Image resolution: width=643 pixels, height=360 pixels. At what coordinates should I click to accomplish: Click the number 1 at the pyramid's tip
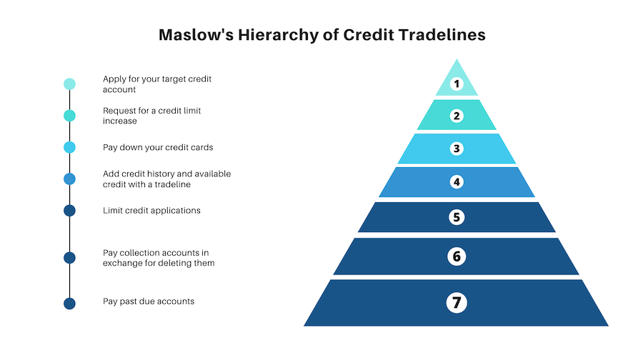coord(457,84)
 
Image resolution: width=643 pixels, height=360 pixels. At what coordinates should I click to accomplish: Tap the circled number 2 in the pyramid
coord(457,116)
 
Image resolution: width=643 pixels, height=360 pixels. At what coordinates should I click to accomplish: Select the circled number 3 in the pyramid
coord(457,149)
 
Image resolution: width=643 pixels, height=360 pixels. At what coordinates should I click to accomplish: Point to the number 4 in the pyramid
coord(457,181)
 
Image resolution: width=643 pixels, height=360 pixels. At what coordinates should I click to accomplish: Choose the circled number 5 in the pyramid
coord(457,217)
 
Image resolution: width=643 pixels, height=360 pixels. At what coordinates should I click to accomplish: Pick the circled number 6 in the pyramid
coord(457,256)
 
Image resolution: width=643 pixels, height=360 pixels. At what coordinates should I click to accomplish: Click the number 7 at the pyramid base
coord(457,303)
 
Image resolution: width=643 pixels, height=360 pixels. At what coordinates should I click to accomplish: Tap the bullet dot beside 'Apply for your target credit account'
coord(70,84)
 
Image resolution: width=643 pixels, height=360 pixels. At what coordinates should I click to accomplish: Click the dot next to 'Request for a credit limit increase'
coord(70,116)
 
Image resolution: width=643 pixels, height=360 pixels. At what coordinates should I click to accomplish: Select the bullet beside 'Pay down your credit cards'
coord(70,147)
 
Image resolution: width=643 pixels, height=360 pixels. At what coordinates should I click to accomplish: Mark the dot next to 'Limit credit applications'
coord(70,211)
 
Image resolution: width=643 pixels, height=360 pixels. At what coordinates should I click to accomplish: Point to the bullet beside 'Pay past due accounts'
coord(70,304)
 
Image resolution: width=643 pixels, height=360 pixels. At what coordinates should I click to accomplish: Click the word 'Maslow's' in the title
coord(196,35)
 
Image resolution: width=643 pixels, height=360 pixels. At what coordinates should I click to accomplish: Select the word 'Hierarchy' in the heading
coord(278,36)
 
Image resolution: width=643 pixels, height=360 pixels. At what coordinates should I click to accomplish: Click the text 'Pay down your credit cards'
coord(158,148)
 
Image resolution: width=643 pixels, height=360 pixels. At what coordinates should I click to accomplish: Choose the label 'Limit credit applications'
coord(151,211)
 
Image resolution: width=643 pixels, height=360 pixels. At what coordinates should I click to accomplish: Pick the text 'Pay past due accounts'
coord(149,301)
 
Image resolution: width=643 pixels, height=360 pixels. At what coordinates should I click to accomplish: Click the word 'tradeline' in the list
coord(173,184)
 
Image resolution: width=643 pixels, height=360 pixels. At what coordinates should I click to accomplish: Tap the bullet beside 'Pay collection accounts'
coord(70,257)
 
